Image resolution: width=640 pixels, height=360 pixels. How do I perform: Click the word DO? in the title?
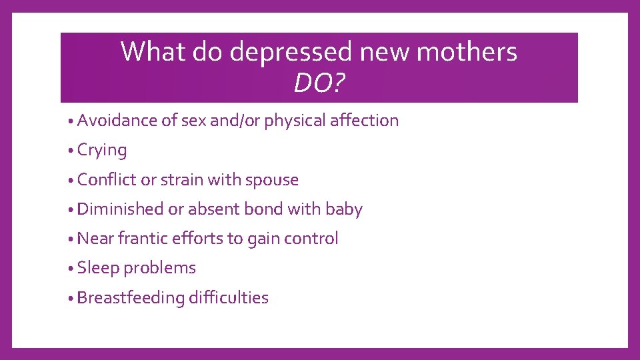click(319, 83)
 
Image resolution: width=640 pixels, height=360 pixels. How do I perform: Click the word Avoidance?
click(117, 121)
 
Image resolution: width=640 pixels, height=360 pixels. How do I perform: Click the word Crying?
click(102, 151)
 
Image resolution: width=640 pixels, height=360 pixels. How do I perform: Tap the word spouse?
click(272, 180)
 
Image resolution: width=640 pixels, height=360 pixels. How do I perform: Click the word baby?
click(344, 209)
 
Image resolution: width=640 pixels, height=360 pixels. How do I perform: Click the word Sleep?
click(98, 268)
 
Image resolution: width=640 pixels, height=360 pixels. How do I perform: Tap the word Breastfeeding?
click(130, 297)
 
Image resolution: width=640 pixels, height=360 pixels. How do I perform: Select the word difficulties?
click(229, 297)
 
